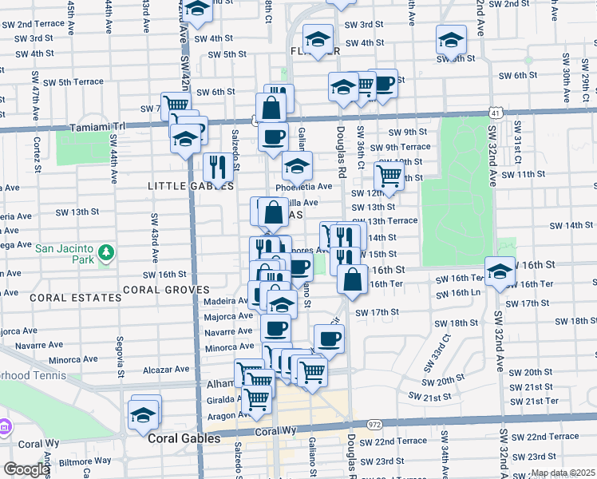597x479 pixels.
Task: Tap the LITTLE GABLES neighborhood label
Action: click(x=191, y=186)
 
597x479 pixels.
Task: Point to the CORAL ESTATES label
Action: click(x=76, y=298)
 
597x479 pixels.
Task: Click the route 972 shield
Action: click(x=374, y=424)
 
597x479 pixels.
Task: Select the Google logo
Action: click(x=26, y=470)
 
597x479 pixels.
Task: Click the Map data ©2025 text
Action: click(x=562, y=473)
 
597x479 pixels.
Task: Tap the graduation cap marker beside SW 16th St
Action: click(x=500, y=271)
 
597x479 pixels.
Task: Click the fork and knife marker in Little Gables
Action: click(x=217, y=166)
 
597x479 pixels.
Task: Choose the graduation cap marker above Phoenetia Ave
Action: click(x=297, y=167)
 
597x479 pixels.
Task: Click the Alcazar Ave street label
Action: click(x=166, y=370)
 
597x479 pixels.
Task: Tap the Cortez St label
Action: click(x=38, y=148)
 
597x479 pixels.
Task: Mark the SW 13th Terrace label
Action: click(x=391, y=220)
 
